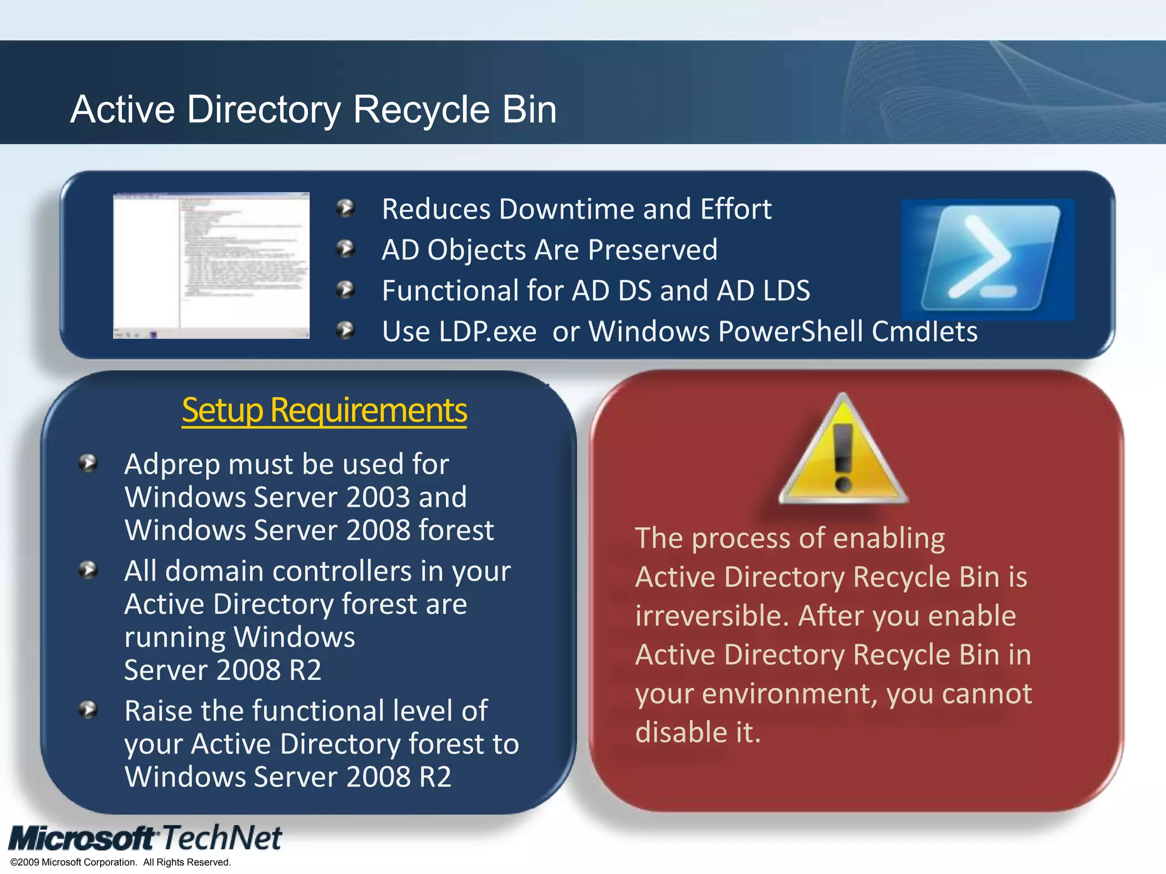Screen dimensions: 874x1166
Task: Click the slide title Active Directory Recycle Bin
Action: pos(313,109)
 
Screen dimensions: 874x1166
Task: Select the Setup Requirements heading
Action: pos(325,410)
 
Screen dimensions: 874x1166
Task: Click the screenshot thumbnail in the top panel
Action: pos(211,265)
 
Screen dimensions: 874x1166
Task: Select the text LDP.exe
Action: pos(487,332)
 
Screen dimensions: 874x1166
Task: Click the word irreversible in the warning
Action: pos(712,616)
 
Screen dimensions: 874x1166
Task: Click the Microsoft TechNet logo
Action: pos(145,838)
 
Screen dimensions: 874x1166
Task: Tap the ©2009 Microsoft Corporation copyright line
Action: pos(121,862)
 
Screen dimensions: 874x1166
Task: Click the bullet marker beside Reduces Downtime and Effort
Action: pos(345,208)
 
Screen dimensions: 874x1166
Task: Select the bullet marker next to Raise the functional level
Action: pos(88,710)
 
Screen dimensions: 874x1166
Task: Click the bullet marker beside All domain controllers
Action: pos(88,570)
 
